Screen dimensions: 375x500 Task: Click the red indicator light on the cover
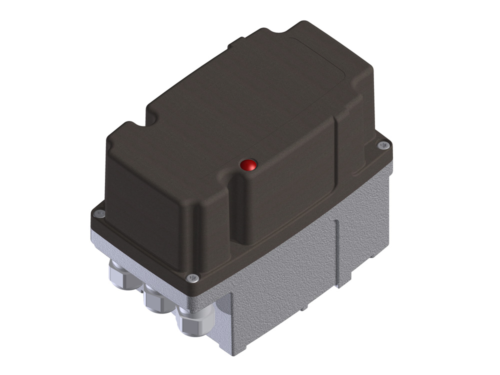tap(247, 164)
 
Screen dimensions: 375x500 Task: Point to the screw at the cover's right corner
tap(383, 145)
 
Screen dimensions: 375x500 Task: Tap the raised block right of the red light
tap(290, 190)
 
